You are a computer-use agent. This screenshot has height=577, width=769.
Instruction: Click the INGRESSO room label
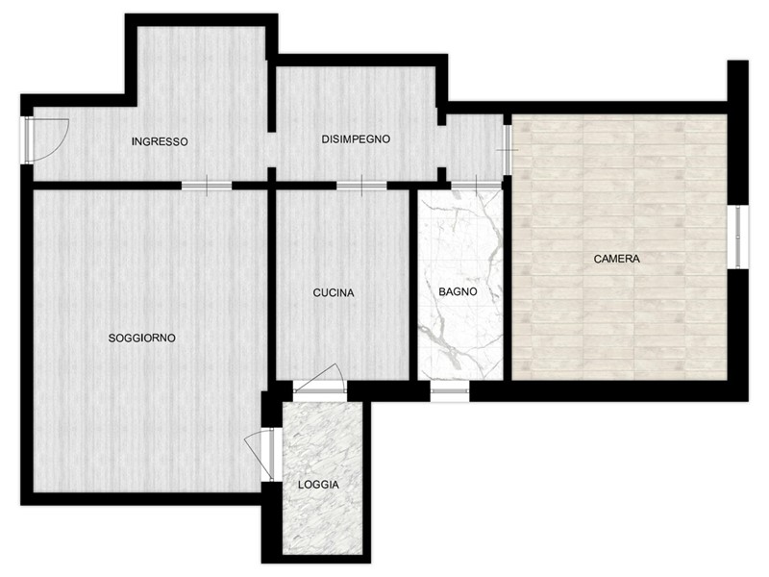coord(160,141)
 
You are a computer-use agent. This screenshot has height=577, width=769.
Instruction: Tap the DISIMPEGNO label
coord(356,139)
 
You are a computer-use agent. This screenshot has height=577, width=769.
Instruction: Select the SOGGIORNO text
coord(141,339)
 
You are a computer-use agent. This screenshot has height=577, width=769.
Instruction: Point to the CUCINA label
coord(334,293)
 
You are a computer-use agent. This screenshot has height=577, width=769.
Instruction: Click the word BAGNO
coord(458,291)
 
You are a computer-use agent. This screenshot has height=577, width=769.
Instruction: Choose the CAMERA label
coord(617,259)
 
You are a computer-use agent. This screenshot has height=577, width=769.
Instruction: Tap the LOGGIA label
coord(319,485)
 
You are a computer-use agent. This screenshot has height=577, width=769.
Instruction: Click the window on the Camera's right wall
coord(738,238)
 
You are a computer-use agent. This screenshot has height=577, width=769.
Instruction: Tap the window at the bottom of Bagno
coord(450,391)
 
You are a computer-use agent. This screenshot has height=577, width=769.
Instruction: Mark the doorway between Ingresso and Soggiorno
coord(207,186)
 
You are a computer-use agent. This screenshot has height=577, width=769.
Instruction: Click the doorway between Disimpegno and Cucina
coord(361,186)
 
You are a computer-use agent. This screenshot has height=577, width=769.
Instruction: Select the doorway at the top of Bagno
coord(476,186)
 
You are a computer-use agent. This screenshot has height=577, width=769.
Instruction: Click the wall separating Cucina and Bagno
coord(413,285)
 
